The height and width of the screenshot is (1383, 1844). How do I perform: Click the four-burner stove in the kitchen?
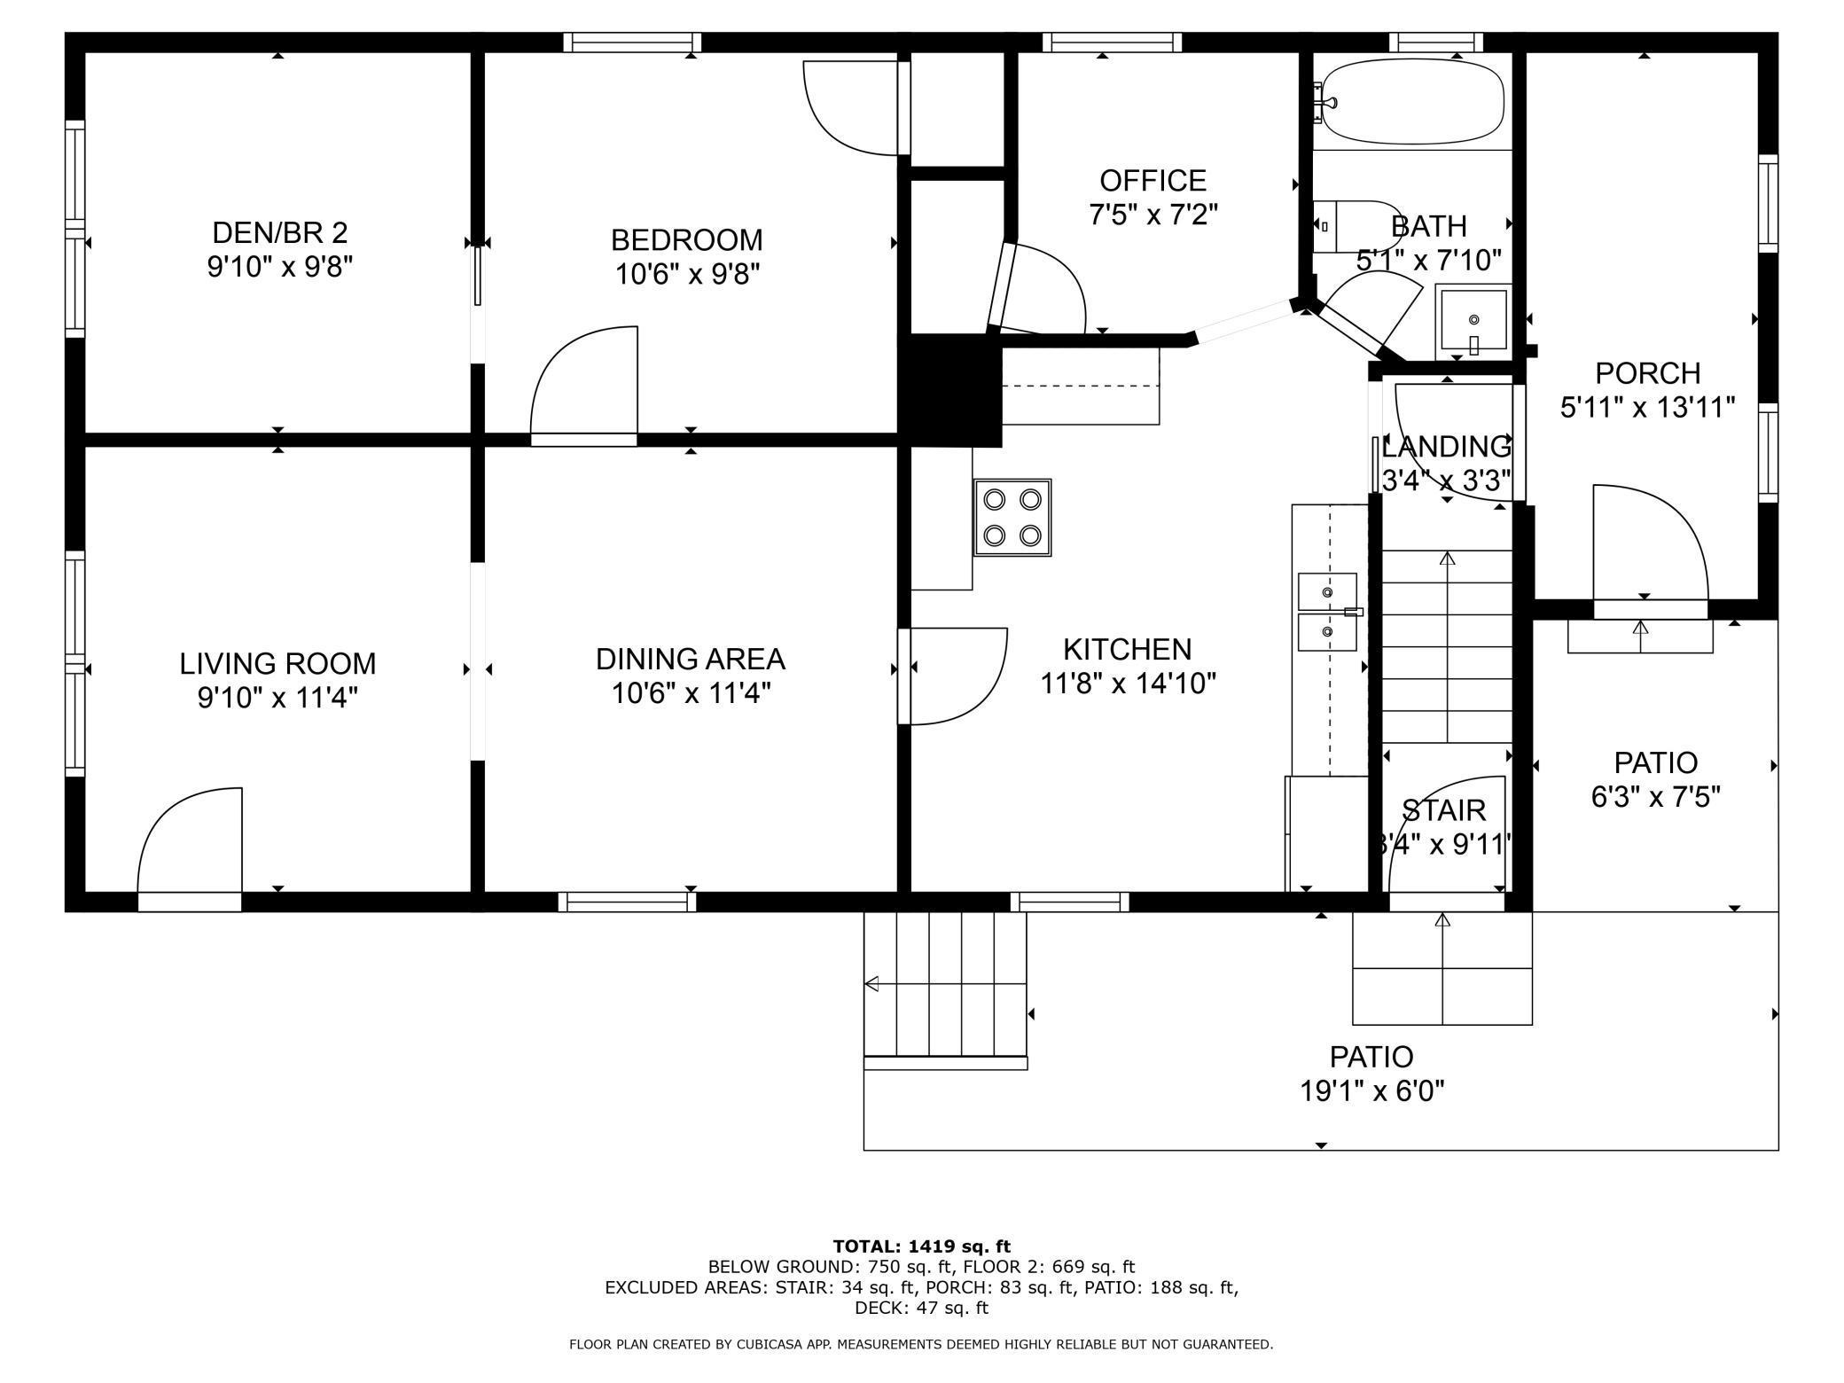click(1012, 518)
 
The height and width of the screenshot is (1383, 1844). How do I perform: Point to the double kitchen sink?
click(1328, 612)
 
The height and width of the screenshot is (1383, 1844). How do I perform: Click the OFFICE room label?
click(1153, 181)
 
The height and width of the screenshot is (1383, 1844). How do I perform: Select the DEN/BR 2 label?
click(280, 232)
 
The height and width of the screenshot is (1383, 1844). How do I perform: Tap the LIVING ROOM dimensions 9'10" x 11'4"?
click(277, 699)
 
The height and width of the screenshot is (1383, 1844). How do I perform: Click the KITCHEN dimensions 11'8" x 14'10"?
click(1128, 684)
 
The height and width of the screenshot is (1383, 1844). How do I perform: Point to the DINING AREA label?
click(691, 659)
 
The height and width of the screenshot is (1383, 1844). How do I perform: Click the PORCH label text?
click(1648, 372)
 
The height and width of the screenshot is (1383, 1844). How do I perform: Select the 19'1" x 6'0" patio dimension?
click(1372, 1090)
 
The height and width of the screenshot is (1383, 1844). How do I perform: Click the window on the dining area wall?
click(628, 902)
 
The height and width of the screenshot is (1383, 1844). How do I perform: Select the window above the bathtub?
click(1435, 42)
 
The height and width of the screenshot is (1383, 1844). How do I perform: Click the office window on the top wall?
click(1112, 42)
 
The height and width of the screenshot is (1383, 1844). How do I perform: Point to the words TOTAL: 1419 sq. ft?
click(921, 1246)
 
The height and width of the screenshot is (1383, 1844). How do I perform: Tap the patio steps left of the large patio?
click(946, 989)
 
